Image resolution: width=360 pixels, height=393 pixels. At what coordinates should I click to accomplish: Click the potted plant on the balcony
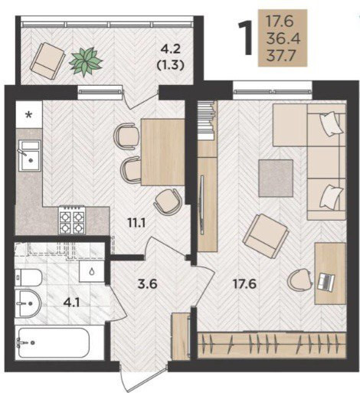[x=86, y=61]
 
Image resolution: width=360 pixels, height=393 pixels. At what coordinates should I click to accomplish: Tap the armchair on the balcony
[x=47, y=61]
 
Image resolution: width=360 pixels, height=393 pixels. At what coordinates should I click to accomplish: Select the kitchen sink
[x=30, y=156]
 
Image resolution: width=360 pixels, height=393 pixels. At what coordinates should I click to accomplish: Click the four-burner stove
[x=72, y=220]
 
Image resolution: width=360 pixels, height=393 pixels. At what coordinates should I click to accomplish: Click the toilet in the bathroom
[x=28, y=278]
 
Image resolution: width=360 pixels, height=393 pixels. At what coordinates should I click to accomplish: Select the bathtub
[x=54, y=342]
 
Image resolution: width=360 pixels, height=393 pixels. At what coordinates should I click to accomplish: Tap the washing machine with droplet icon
[x=91, y=271]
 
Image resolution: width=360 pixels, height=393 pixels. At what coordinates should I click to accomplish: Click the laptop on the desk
[x=326, y=283]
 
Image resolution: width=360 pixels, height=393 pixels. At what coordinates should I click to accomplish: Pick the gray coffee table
[x=276, y=178]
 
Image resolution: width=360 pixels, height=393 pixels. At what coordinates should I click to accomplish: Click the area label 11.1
[x=136, y=224]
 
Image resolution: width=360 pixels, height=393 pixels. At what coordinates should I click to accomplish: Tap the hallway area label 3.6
[x=147, y=284]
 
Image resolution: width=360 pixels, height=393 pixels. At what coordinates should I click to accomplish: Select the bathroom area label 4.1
[x=72, y=303]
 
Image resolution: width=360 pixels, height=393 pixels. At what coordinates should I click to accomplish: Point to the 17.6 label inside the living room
[x=244, y=284]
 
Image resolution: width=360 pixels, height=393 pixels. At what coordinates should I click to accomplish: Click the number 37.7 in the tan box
[x=281, y=56]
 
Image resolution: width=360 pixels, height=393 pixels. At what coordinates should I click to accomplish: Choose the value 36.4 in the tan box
[x=283, y=38]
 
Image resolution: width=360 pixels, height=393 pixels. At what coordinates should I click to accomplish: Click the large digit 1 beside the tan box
[x=245, y=38]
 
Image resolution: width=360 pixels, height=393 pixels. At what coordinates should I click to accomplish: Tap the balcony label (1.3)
[x=170, y=66]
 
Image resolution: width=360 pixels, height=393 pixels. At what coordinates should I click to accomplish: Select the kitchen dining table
[x=163, y=152]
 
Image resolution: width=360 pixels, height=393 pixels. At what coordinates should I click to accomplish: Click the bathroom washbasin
[x=28, y=303]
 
